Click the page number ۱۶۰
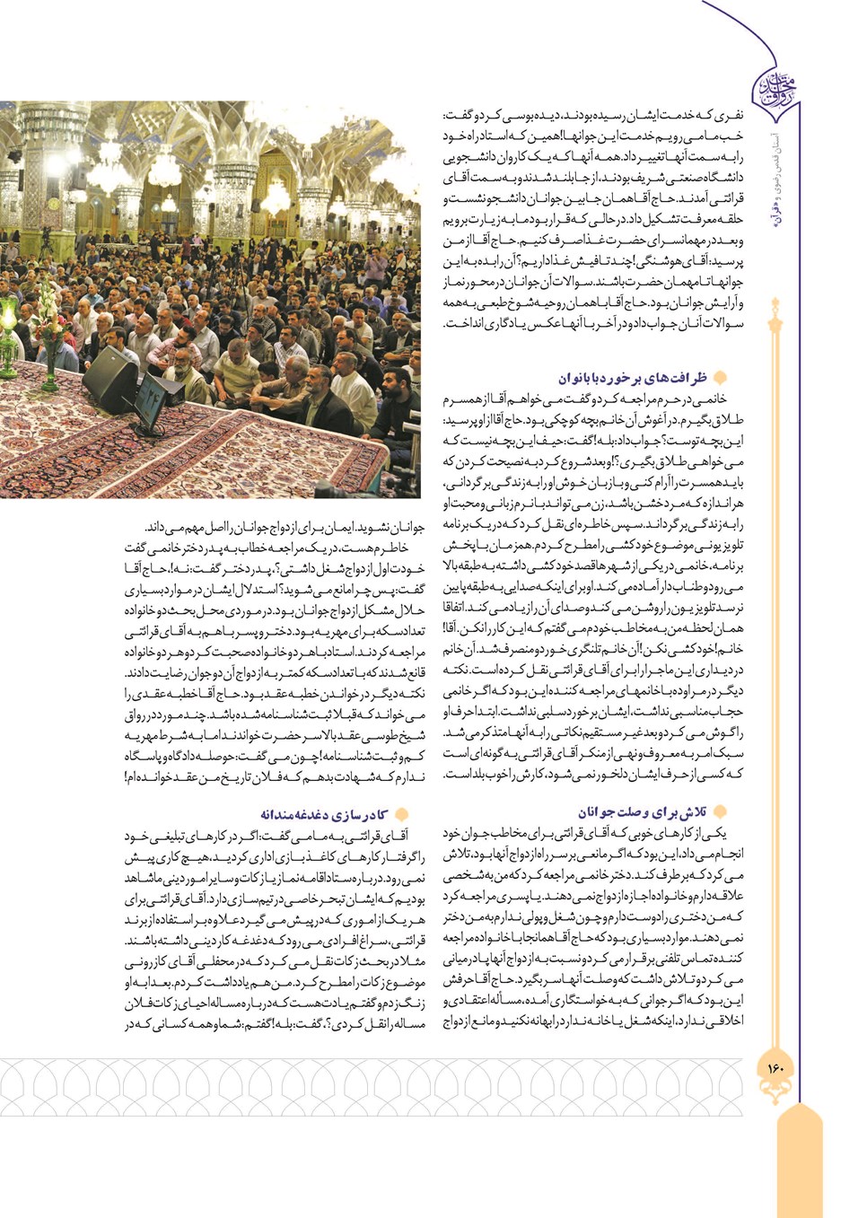pyautogui.click(x=775, y=1068)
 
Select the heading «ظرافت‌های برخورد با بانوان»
pyautogui.click(x=632, y=378)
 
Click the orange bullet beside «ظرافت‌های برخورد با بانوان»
pyautogui.click(x=718, y=378)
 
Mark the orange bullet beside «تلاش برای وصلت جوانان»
pyautogui.click(x=719, y=811)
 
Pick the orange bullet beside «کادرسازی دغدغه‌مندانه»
pyautogui.click(x=402, y=815)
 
